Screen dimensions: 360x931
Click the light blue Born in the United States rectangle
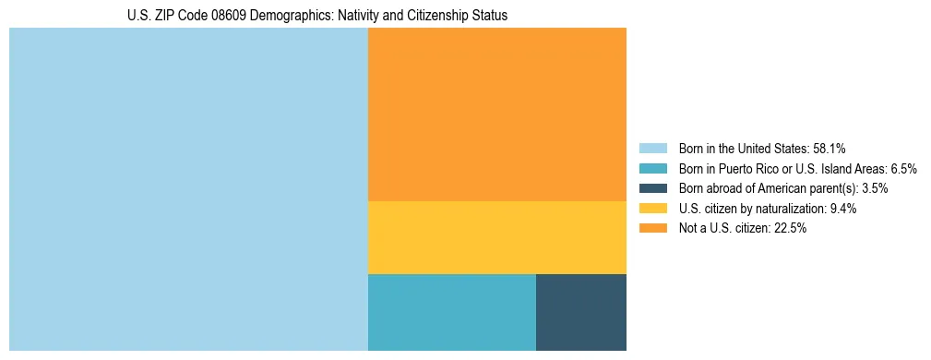point(188,189)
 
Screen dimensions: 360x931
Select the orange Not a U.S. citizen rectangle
point(496,114)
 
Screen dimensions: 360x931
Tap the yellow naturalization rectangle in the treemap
point(496,237)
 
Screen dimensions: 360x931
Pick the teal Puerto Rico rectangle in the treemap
point(451,312)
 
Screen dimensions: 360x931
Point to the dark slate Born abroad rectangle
point(580,312)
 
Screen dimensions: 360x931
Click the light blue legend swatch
point(652,148)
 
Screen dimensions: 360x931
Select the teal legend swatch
point(652,168)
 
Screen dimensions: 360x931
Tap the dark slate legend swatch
point(652,188)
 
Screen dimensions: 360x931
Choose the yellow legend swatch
point(652,209)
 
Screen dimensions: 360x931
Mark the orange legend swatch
point(652,229)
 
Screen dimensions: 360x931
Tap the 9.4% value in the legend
point(841,209)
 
